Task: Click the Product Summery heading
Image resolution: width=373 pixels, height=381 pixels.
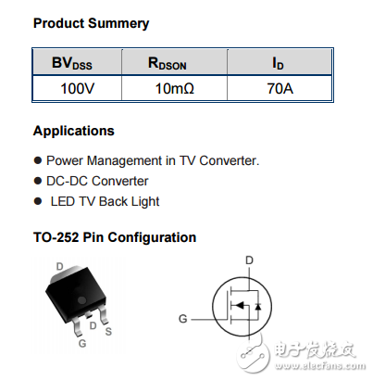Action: coord(91,23)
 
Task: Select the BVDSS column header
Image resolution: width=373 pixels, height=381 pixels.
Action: coord(73,64)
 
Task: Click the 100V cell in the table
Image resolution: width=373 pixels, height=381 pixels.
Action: coord(73,89)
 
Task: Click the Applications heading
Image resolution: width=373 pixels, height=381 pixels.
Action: coord(73,131)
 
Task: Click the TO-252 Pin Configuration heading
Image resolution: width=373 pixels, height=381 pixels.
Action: coord(114,237)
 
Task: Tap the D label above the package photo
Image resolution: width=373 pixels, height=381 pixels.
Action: coord(60,266)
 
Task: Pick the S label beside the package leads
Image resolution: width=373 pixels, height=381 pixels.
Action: coord(108,331)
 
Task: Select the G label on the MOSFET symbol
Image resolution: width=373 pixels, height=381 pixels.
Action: coord(183,318)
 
